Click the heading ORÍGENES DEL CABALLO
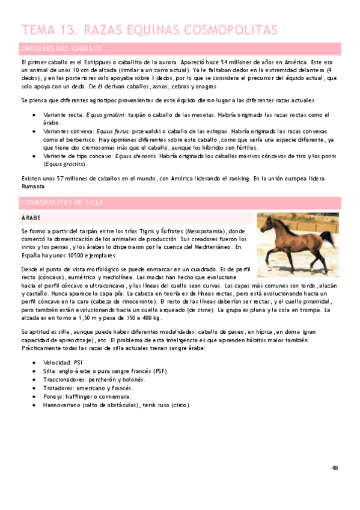pos(61,49)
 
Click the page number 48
pos(335,468)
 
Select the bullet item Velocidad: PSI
pos(63,363)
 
